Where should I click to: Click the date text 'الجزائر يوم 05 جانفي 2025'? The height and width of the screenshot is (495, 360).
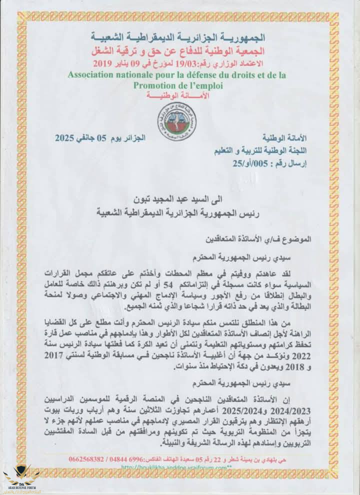pyautogui.click(x=99, y=136)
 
